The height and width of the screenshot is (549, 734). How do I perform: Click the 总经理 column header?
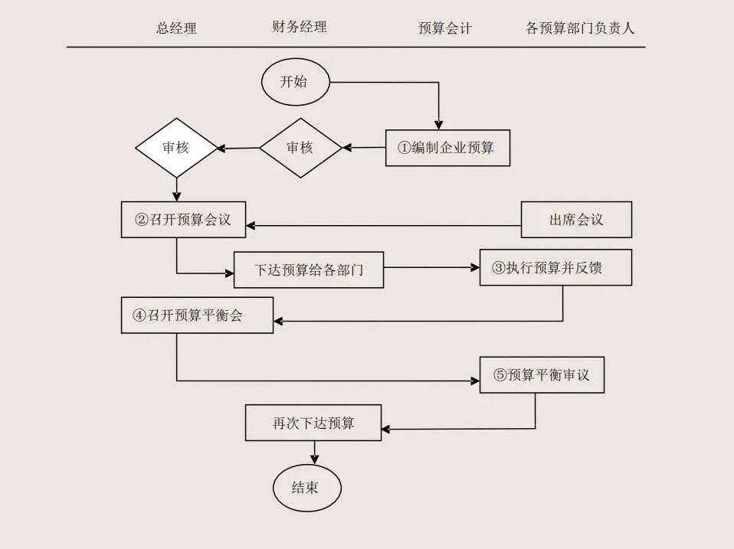click(x=176, y=28)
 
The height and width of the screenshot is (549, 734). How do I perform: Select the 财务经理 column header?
click(x=299, y=27)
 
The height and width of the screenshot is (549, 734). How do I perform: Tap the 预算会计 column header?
click(x=444, y=28)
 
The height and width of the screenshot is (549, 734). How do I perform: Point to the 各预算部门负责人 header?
click(x=580, y=28)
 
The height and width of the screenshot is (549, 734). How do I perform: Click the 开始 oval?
click(x=295, y=82)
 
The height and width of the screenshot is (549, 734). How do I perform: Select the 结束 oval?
click(x=306, y=487)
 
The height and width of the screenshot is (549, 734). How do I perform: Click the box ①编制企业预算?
click(x=447, y=148)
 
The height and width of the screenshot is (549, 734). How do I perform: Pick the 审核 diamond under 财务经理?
click(x=300, y=148)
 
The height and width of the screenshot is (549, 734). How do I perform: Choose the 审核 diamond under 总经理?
click(x=176, y=148)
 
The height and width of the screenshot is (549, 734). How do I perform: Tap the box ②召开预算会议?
click(x=183, y=220)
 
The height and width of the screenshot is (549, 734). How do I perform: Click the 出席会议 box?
click(x=576, y=220)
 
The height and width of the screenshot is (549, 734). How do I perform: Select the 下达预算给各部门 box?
click(x=308, y=270)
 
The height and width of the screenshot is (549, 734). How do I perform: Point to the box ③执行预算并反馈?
click(x=555, y=268)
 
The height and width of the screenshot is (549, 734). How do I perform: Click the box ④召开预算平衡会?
click(x=197, y=315)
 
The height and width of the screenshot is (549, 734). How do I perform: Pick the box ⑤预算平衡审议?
click(x=542, y=375)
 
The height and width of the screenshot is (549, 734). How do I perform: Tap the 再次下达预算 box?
click(x=313, y=423)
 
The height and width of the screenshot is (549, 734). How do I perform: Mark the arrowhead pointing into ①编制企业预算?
click(x=439, y=124)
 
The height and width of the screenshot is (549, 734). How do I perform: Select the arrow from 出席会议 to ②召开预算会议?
click(x=383, y=226)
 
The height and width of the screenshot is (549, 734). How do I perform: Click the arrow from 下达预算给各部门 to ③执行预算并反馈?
click(x=431, y=268)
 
